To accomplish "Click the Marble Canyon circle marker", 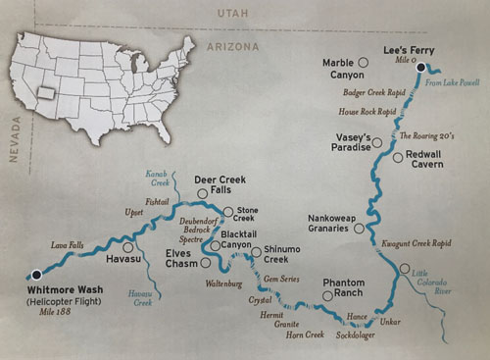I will point(363,63).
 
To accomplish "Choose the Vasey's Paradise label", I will point(352,140).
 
